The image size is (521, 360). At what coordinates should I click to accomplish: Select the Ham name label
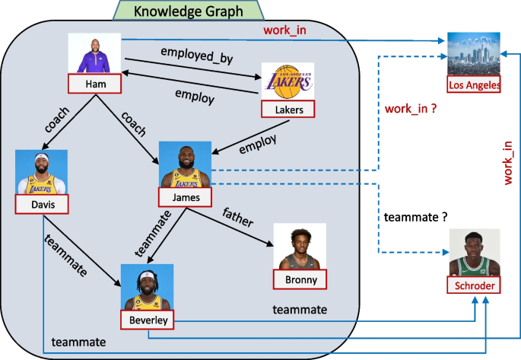click(96, 82)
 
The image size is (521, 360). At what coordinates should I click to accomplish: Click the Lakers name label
click(288, 110)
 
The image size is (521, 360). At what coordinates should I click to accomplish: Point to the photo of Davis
click(42, 173)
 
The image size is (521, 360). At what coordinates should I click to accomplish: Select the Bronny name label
click(300, 279)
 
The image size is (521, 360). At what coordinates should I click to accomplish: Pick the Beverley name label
click(148, 321)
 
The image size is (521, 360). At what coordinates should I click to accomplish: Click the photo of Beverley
click(148, 288)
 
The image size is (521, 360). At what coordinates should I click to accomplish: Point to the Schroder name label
click(474, 286)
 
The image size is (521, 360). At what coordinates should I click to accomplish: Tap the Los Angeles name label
click(474, 84)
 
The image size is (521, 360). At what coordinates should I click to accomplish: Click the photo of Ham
click(96, 53)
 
